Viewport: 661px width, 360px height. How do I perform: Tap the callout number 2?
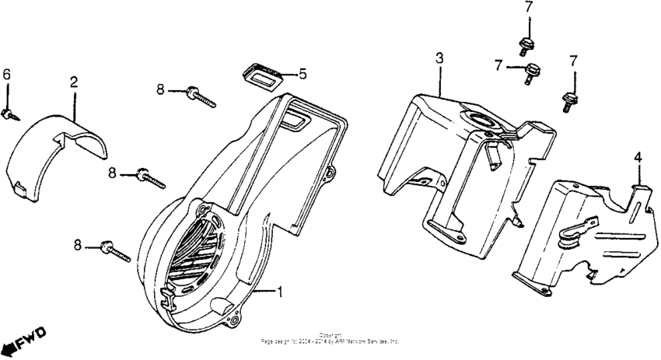click(x=74, y=82)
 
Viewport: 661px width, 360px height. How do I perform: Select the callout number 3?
click(x=439, y=58)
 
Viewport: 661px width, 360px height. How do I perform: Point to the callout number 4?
click(x=638, y=157)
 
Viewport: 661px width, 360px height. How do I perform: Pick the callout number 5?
click(x=303, y=75)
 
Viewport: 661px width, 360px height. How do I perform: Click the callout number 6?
click(x=6, y=74)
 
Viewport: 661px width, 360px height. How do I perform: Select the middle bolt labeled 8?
click(x=151, y=178)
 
